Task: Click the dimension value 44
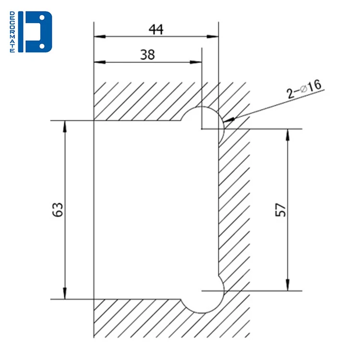point(156,29)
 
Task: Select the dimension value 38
point(147,55)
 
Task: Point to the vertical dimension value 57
point(281,210)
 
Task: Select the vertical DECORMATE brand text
point(13,32)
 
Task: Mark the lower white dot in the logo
point(43,46)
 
